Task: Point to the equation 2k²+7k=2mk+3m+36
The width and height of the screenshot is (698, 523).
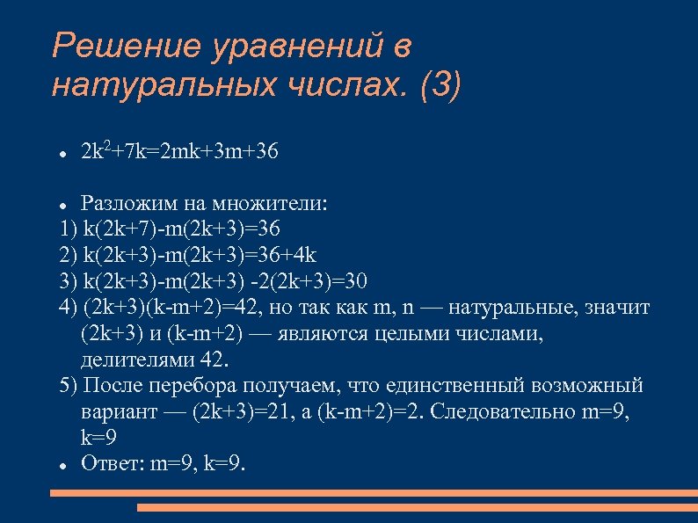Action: click(180, 152)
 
